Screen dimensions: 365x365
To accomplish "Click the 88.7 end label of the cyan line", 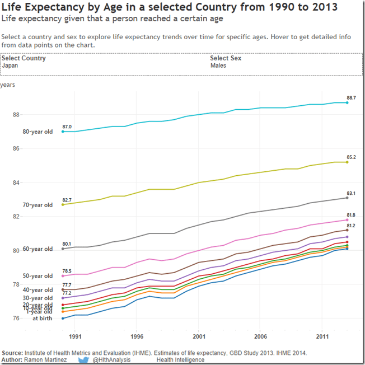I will click(x=351, y=97).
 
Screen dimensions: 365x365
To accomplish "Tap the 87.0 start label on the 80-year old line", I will click(x=67, y=127).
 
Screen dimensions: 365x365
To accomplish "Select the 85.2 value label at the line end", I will click(x=351, y=157).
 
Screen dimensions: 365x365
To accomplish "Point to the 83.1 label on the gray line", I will click(x=351, y=193).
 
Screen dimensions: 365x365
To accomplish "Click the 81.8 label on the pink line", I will click(x=351, y=215).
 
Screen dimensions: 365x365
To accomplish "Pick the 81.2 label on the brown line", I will click(x=351, y=225).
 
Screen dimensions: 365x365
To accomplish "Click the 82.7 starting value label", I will click(x=67, y=200).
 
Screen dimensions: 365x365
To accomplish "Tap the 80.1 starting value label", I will click(x=67, y=244).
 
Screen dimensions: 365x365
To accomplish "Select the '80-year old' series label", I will click(x=38, y=132).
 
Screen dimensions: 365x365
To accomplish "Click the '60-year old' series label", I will click(x=38, y=249).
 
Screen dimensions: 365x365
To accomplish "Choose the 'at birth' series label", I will click(x=42, y=319).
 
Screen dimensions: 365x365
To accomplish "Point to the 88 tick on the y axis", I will click(x=16, y=115).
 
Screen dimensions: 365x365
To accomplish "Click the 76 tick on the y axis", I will click(x=16, y=319).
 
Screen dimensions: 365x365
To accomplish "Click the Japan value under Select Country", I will click(x=10, y=65).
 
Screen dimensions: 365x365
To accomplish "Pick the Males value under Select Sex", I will click(x=218, y=65).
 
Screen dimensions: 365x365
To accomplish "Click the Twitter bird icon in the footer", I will click(x=83, y=360).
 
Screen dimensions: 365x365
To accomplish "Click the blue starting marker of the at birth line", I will click(x=63, y=319).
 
